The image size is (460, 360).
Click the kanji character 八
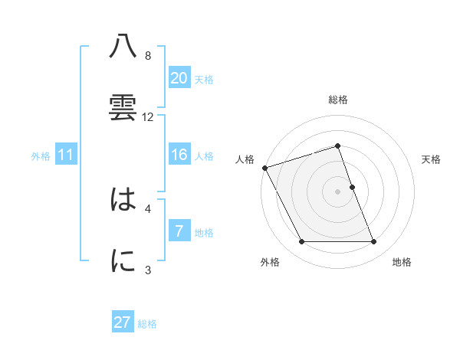click(x=123, y=47)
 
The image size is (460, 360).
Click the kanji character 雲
click(x=123, y=106)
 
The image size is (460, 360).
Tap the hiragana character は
click(x=123, y=201)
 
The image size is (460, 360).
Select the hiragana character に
click(x=123, y=261)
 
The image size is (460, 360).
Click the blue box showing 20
click(x=179, y=78)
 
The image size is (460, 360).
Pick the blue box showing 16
click(x=179, y=155)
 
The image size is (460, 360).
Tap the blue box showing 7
click(x=179, y=231)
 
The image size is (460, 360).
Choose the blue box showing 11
click(x=66, y=155)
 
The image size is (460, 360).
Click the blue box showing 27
click(x=123, y=322)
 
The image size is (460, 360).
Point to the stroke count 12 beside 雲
click(x=148, y=117)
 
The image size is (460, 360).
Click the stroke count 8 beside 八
click(x=148, y=56)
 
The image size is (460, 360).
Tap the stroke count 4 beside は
click(x=148, y=208)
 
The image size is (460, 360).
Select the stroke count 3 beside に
click(x=148, y=270)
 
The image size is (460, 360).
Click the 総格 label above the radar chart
click(x=338, y=100)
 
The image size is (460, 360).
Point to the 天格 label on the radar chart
click(x=432, y=159)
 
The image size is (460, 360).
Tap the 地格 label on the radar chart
click(x=402, y=263)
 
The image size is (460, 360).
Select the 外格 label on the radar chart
click(x=270, y=263)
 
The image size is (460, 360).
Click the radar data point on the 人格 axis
click(x=264, y=168)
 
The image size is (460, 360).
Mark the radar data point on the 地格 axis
click(x=374, y=242)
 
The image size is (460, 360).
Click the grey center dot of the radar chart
click(x=338, y=191)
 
